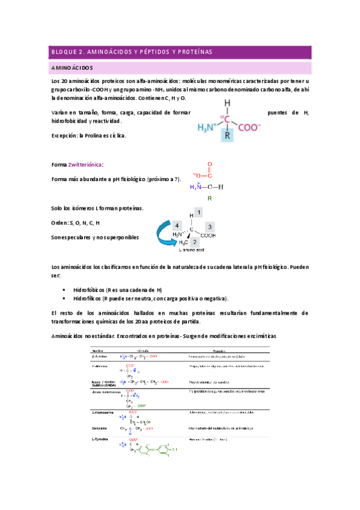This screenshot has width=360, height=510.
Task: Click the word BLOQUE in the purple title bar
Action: click(61, 52)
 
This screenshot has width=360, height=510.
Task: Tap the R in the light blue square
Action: click(227, 136)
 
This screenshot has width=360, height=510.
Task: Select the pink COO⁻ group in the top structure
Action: click(249, 127)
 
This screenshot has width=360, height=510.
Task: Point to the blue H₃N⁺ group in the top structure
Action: click(207, 127)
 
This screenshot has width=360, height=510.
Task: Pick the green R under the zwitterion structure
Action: click(209, 197)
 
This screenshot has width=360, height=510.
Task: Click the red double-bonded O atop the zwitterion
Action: click(209, 164)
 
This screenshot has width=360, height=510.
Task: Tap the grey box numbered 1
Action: click(200, 212)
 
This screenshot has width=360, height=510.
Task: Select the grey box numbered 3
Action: click(210, 227)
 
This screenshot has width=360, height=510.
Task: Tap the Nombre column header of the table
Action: click(98, 349)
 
